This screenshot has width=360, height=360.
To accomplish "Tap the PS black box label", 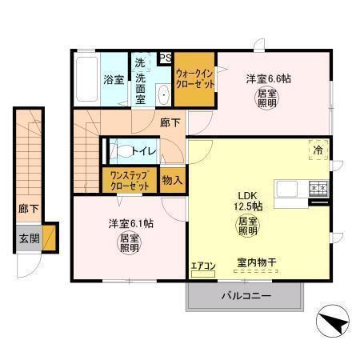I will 166,57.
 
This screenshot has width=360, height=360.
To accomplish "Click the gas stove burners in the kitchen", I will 318,190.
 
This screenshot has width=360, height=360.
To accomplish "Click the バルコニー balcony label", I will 246,296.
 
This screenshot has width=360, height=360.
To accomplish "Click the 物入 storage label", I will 172,180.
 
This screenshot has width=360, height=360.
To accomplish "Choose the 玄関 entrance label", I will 28,238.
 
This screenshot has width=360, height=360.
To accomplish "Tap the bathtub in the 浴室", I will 87,80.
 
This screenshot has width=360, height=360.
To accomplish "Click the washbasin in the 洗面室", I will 163,94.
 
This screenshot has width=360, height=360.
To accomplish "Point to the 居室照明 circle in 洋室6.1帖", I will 128,242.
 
